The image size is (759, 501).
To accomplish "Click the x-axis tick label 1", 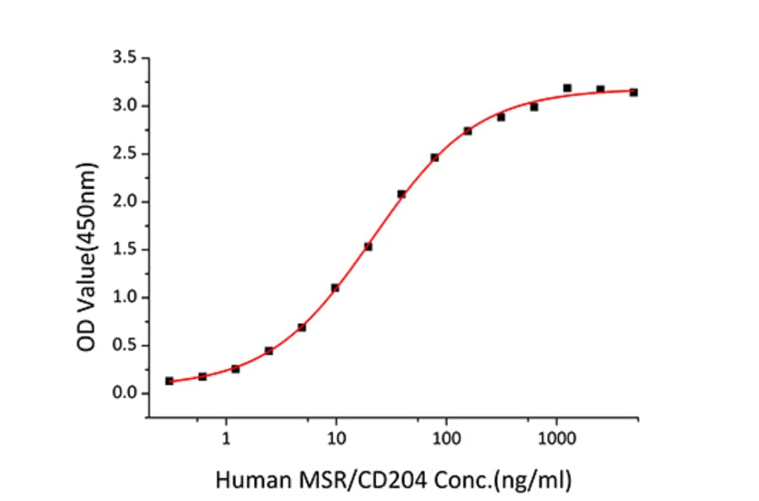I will [x=226, y=439].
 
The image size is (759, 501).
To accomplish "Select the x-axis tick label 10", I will [x=336, y=439].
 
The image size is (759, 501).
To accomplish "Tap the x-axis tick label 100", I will [x=446, y=439].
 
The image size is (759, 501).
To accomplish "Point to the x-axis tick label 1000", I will [x=557, y=439].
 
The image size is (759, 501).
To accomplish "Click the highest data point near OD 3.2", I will [x=567, y=88].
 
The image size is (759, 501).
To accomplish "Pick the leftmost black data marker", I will [x=170, y=381].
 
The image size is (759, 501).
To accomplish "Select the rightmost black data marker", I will [x=633, y=92].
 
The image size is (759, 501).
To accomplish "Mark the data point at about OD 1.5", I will [x=369, y=246].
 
